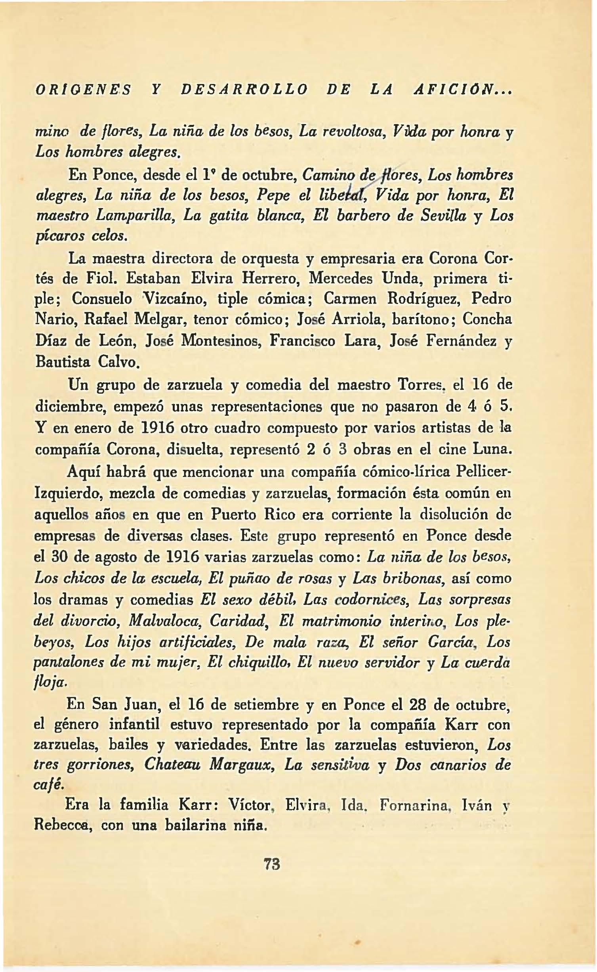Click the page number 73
[x=273, y=864]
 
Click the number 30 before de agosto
[x=61, y=557]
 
